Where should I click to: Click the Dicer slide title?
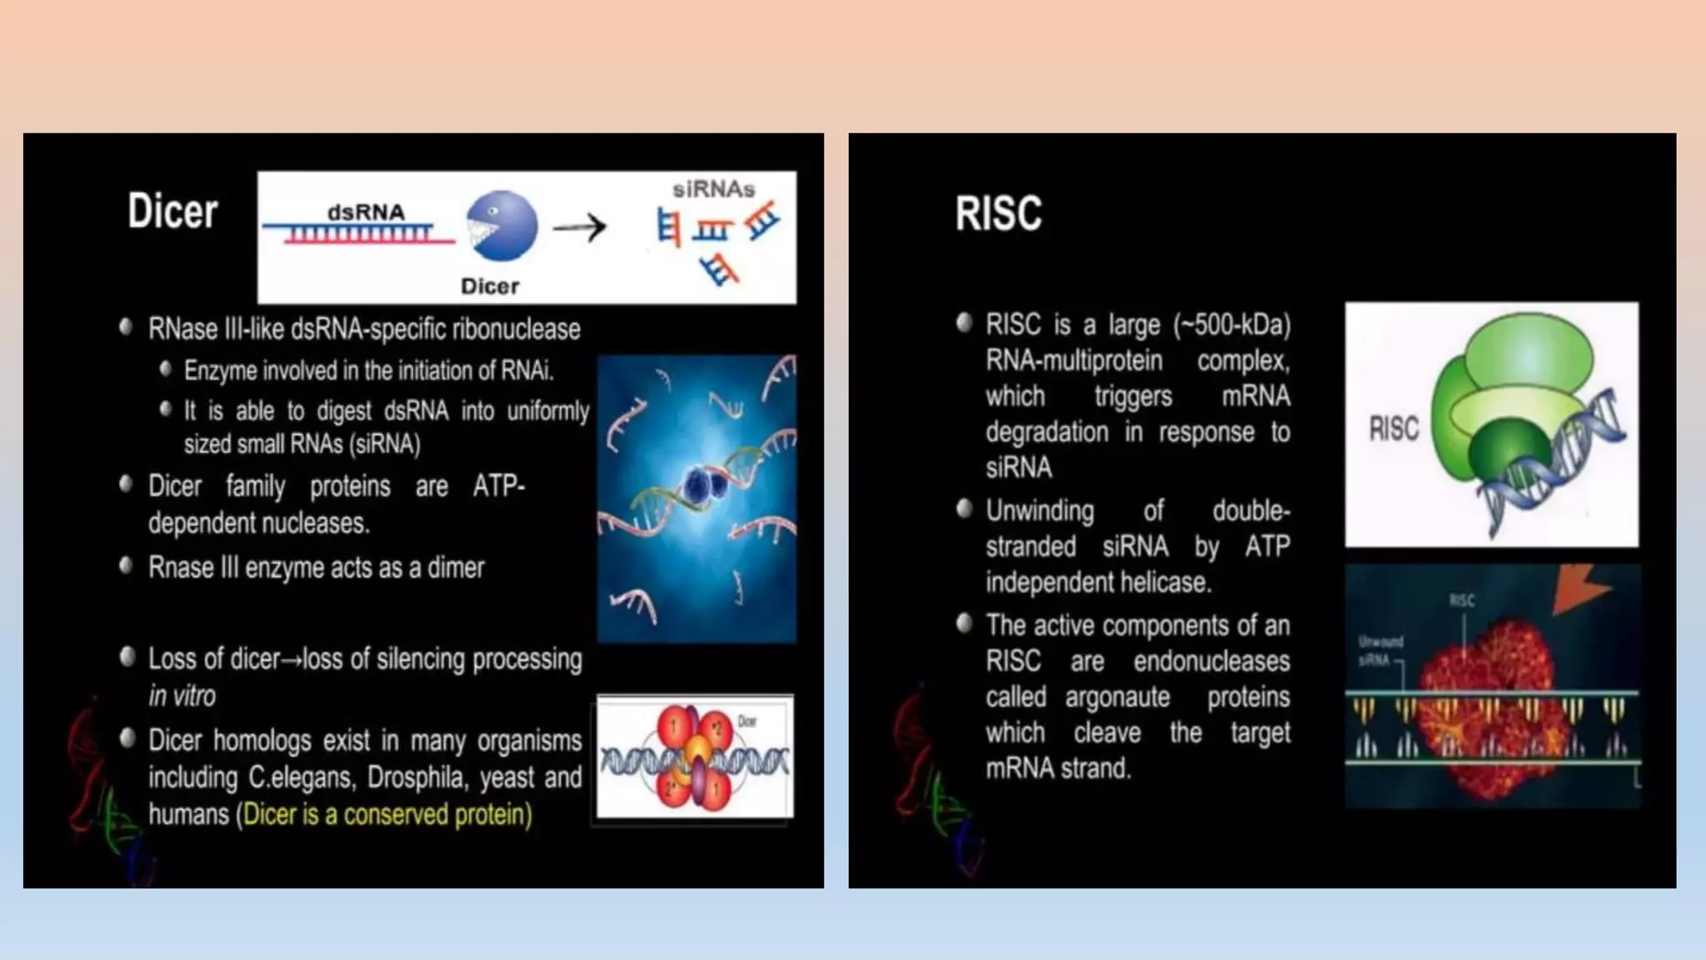tap(172, 211)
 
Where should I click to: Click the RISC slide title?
tap(998, 213)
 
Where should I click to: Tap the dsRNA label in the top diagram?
tap(366, 212)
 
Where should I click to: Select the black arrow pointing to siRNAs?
tap(580, 227)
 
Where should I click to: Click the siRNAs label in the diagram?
tap(713, 189)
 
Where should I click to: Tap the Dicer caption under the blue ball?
tap(490, 287)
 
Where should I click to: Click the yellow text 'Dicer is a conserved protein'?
tap(385, 814)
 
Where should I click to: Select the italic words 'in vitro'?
tap(182, 696)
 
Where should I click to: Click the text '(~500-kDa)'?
tap(1232, 324)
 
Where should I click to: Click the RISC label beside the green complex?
tap(1394, 428)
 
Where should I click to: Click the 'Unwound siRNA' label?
tap(1380, 651)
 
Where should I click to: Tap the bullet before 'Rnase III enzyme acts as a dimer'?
tap(126, 567)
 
